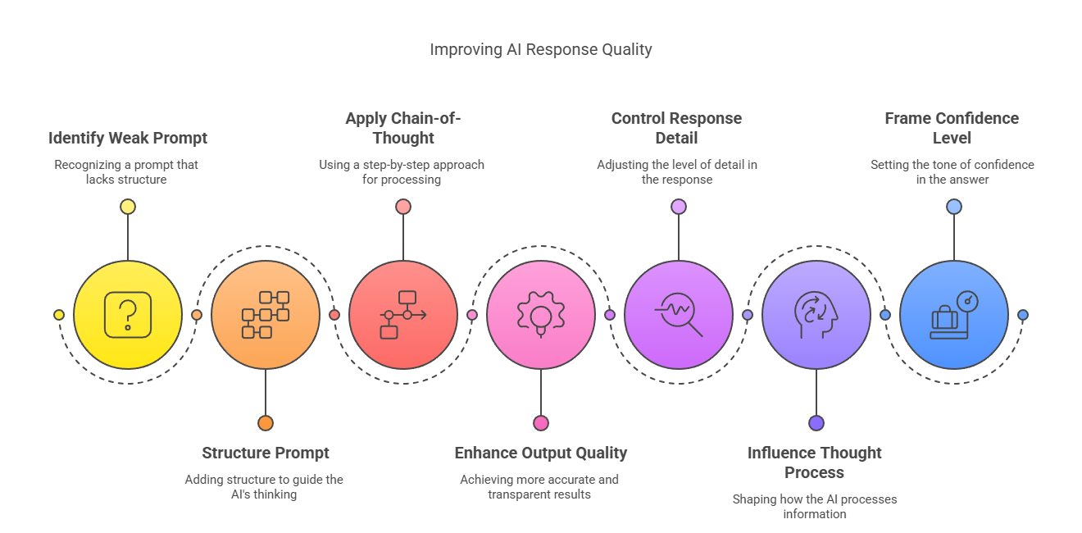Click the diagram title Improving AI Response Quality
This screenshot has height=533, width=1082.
(x=541, y=49)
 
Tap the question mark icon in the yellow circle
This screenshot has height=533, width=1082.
(x=128, y=315)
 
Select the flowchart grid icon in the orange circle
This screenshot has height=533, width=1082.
(x=266, y=315)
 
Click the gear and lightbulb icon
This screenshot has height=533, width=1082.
(x=541, y=315)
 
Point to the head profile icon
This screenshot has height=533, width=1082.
(x=816, y=315)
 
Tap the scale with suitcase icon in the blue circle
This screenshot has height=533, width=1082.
(x=954, y=315)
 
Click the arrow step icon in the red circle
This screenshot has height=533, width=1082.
(x=403, y=315)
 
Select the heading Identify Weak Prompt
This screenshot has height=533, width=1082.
(x=128, y=138)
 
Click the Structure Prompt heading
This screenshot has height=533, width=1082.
(x=266, y=453)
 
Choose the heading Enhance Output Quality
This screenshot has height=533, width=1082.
(x=541, y=453)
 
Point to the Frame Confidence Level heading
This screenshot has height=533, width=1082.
(x=952, y=128)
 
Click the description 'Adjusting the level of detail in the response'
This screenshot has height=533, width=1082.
(x=677, y=171)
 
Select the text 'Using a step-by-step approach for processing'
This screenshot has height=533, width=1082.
(x=402, y=171)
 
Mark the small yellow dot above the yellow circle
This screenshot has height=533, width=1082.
(x=128, y=207)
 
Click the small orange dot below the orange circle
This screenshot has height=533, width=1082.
(x=266, y=423)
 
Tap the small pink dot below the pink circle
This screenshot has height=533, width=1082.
(x=541, y=423)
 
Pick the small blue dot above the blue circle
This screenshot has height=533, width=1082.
(x=954, y=207)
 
